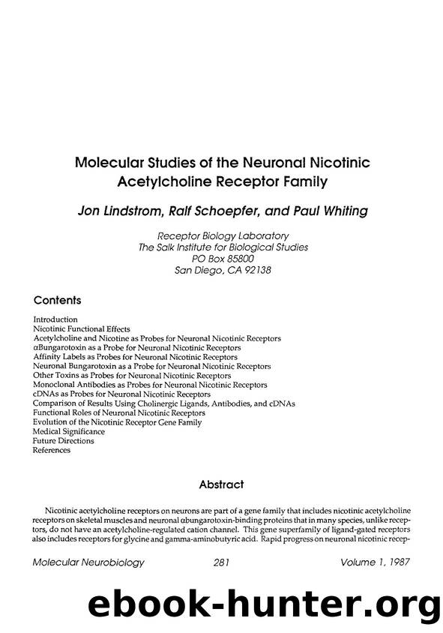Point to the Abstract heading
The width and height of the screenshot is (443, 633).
pyautogui.click(x=221, y=484)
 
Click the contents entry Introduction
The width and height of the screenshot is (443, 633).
pyautogui.click(x=55, y=319)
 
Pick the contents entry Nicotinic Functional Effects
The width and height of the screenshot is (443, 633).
pyautogui.click(x=82, y=328)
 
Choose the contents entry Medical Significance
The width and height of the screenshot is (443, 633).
pyautogui.click(x=69, y=431)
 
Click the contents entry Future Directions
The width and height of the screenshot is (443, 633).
pyautogui.click(x=64, y=441)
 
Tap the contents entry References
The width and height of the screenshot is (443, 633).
pyautogui.click(x=52, y=450)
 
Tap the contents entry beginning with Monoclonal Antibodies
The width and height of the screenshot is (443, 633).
pyautogui.click(x=150, y=385)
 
